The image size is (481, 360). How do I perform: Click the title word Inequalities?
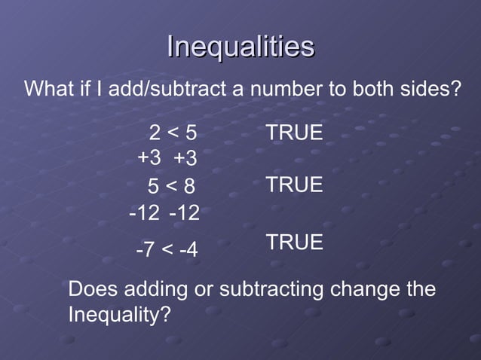coord(240,47)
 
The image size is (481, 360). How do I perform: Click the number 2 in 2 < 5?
coord(154,134)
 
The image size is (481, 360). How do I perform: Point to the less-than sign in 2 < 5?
coord(172,134)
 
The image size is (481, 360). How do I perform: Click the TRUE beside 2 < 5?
coord(294,133)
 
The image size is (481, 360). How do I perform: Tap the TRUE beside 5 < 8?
coord(294,185)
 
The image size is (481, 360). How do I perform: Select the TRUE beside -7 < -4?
coord(294,243)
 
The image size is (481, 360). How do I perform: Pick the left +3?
coord(149,159)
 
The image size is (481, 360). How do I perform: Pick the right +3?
coord(185,159)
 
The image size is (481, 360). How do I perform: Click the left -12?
coord(145,214)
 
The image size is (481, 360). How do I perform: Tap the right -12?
coord(185,214)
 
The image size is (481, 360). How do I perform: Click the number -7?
coord(145,249)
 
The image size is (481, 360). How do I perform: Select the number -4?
coord(188,249)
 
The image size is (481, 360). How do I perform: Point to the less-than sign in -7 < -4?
coord(166,249)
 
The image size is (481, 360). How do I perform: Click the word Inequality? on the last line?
coord(118,314)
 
